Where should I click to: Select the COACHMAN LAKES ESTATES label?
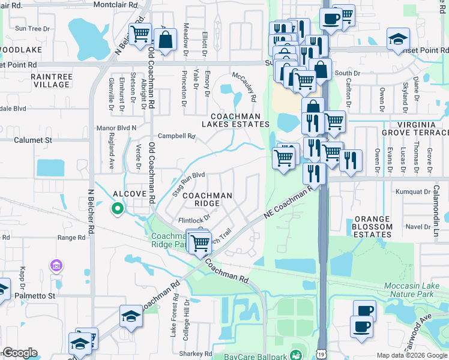239,120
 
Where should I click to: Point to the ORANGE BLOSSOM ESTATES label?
381,227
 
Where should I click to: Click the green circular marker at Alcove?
118,209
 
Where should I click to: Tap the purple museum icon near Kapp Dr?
56,265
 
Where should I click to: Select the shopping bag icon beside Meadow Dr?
166,40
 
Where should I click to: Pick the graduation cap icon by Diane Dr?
398,40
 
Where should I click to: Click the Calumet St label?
32,140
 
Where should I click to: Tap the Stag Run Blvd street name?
188,184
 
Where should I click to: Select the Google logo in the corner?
20,353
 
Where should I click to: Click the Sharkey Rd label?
194,353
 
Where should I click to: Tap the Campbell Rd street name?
177,136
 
